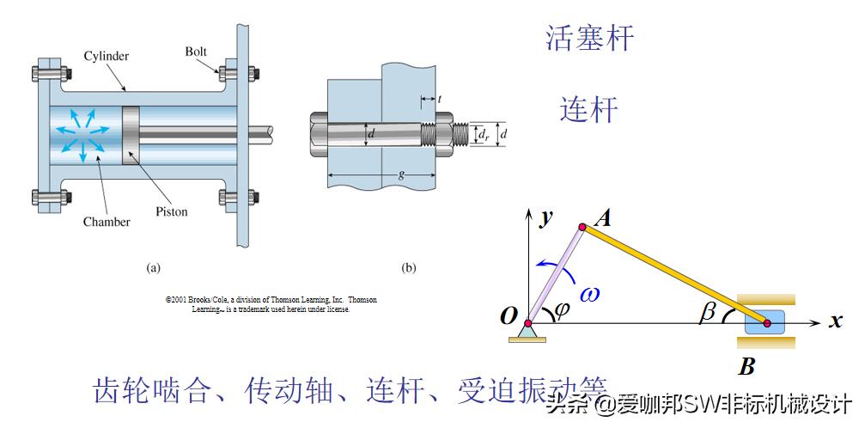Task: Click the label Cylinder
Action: [x=107, y=57]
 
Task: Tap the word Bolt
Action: [x=196, y=52]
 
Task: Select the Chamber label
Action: [x=107, y=222]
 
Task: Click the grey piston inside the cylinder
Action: [x=130, y=135]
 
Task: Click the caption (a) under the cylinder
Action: [x=153, y=267]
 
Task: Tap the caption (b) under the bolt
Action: [x=409, y=267]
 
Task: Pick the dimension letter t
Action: [x=439, y=100]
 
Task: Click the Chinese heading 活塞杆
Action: [x=589, y=38]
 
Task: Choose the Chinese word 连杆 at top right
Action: [x=588, y=109]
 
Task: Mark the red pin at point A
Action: [x=582, y=227]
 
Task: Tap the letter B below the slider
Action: [x=746, y=367]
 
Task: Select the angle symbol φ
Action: [x=562, y=310]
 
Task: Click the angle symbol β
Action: [x=708, y=313]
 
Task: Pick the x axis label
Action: [x=834, y=322]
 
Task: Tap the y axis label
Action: [x=544, y=217]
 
